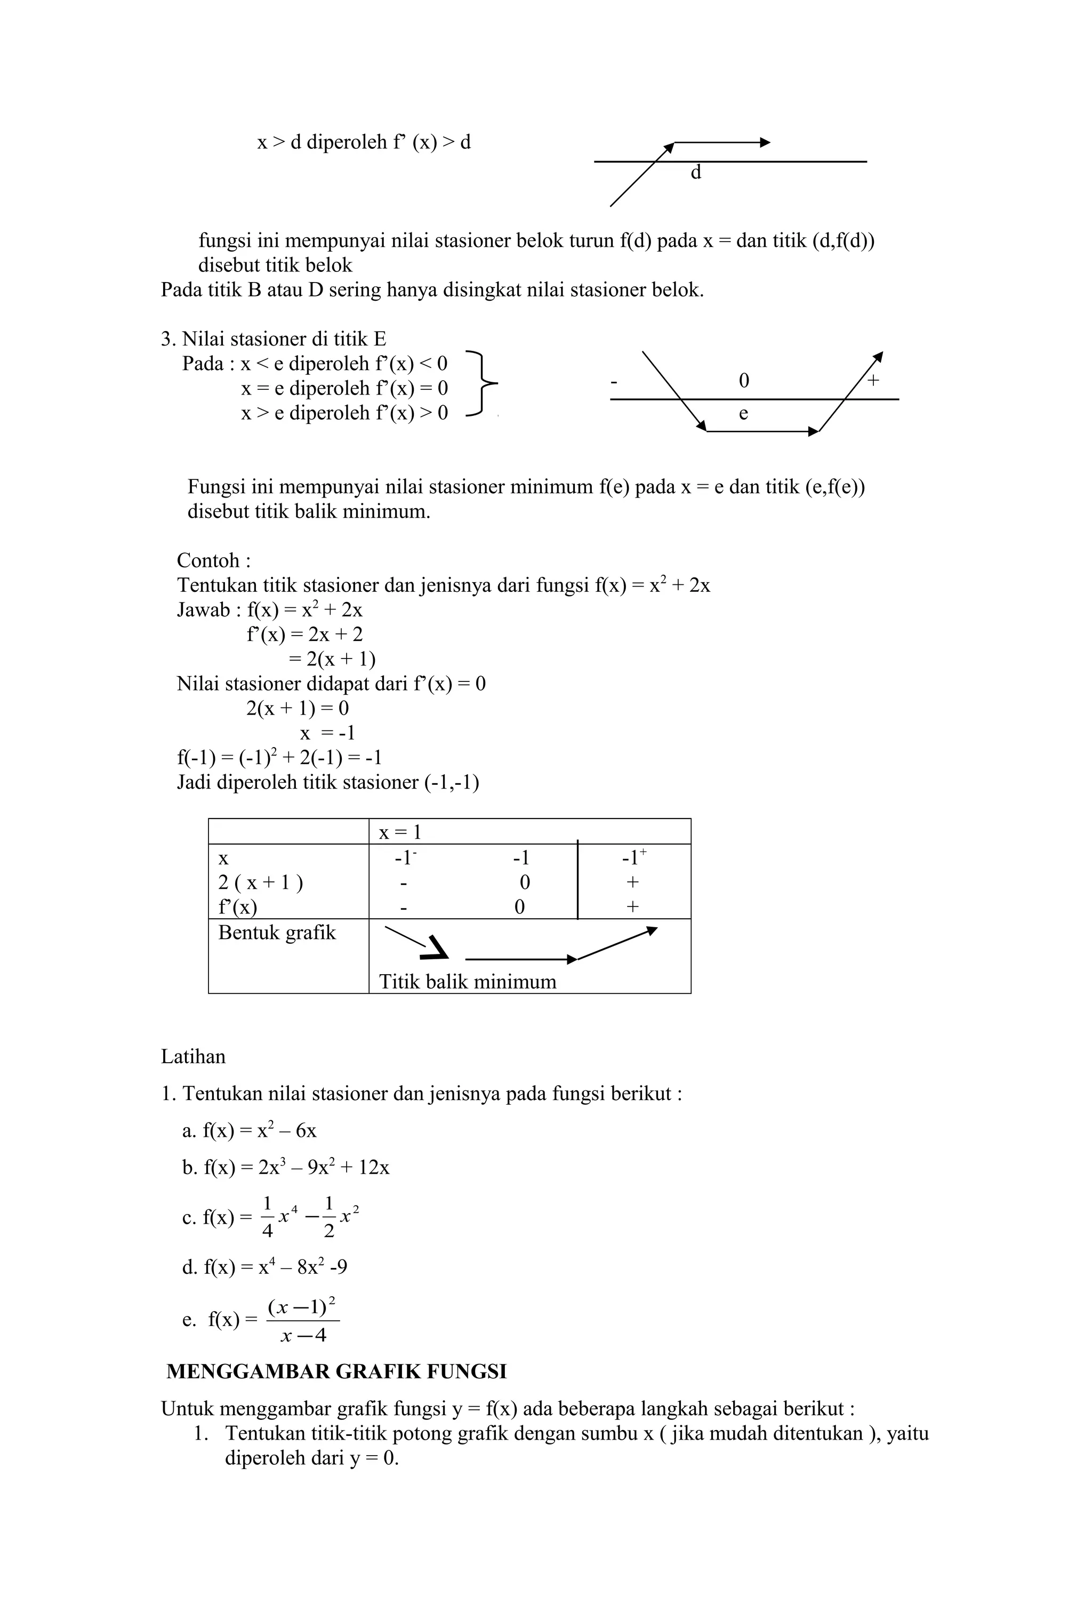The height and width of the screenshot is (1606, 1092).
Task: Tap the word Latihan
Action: [x=193, y=1057]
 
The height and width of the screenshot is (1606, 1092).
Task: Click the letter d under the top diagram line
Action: [x=696, y=173]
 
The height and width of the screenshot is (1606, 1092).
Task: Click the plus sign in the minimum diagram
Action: [x=873, y=380]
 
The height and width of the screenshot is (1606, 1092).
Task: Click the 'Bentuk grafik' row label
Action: [x=276, y=933]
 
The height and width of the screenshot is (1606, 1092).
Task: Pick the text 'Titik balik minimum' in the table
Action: [x=467, y=982]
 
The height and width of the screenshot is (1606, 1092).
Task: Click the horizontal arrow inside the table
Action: [x=520, y=959]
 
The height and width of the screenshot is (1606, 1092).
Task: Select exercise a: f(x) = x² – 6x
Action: [x=250, y=1131]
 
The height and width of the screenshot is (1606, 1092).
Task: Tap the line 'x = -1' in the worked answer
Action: [x=327, y=733]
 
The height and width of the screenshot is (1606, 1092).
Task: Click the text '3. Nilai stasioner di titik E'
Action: [x=274, y=339]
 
